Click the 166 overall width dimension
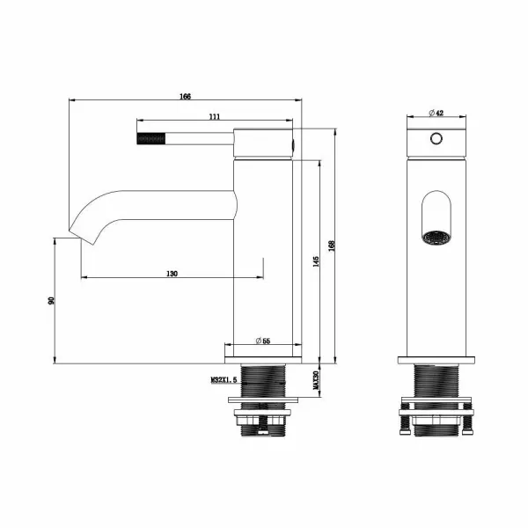[185, 97]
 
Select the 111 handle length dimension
[215, 116]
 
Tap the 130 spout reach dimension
[172, 274]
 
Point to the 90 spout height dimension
[51, 300]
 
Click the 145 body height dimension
[316, 261]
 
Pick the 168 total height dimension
[332, 246]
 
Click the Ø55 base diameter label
[262, 341]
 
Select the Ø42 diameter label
[436, 113]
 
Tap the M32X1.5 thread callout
[224, 380]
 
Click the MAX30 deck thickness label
[316, 380]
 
